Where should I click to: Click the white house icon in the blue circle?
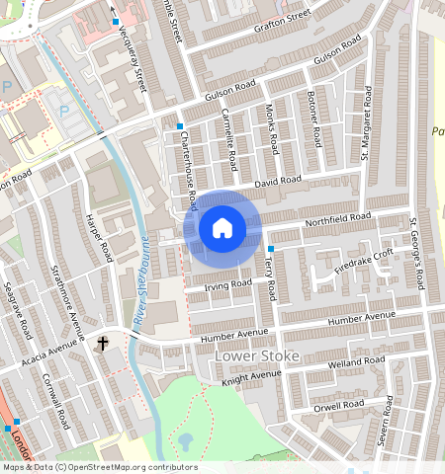click(222, 228)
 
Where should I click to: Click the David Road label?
click(276, 182)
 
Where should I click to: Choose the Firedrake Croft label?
click(363, 261)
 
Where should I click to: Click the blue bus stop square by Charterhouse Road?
click(180, 126)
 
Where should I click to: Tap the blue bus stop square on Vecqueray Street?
click(116, 21)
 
